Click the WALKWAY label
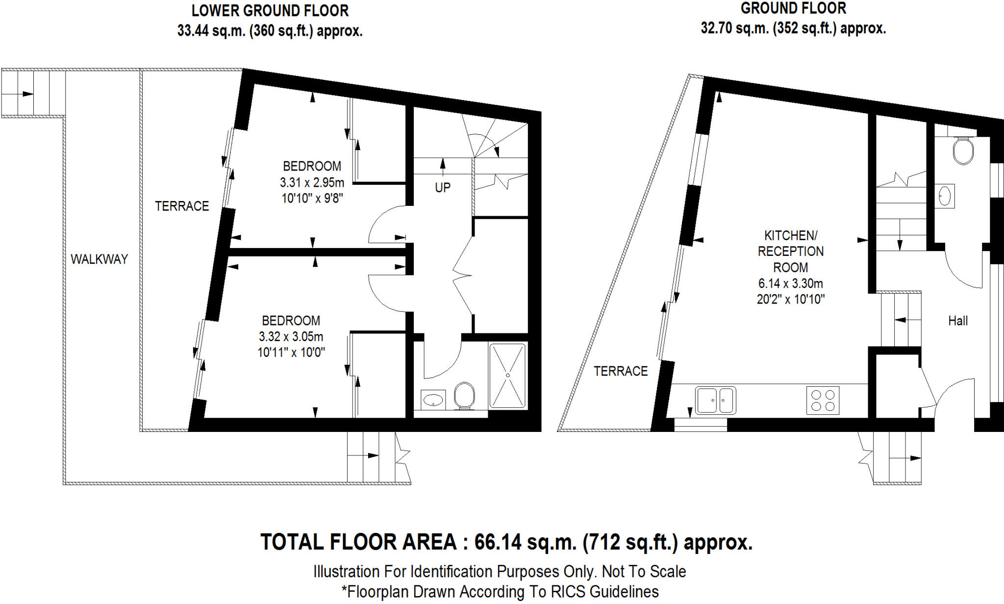99,259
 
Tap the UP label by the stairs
442,187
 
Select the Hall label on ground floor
957,321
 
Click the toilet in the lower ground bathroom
464,396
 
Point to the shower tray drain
508,375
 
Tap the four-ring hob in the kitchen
823,400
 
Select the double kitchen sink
715,400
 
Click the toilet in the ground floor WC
963,151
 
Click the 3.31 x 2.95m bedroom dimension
312,182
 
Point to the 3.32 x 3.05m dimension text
291,337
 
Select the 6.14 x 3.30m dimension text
790,283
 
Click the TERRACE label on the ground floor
621,371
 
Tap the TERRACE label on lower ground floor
182,206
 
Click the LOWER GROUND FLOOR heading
270,11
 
